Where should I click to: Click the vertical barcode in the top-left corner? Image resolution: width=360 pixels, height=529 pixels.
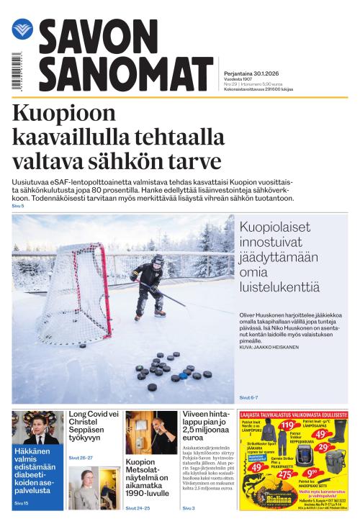(x=17, y=72)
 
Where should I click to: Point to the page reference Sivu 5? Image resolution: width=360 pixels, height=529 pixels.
(x=17, y=206)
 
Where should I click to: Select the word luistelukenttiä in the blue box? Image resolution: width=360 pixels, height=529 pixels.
(x=269, y=287)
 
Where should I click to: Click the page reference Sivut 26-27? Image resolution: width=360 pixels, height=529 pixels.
(x=81, y=458)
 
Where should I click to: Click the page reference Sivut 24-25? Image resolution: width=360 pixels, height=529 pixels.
(x=138, y=508)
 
